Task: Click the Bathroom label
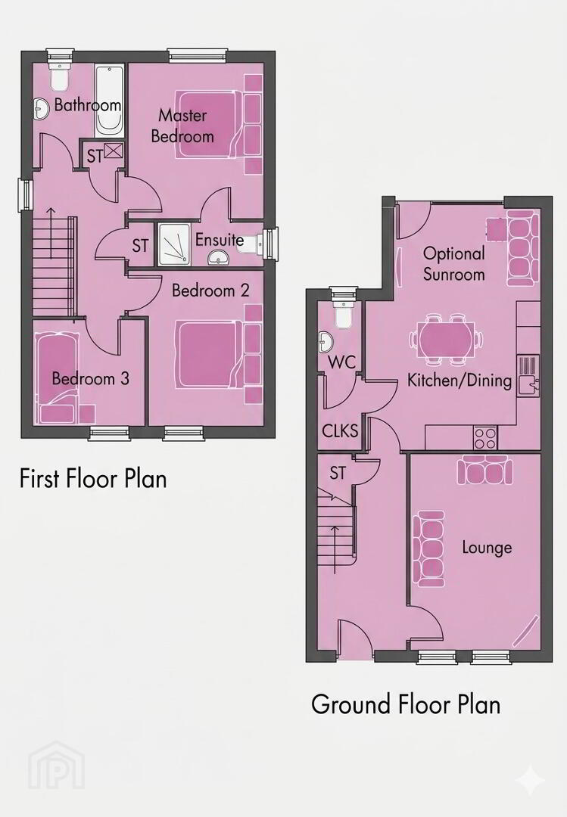tap(88, 104)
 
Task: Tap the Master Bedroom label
tap(182, 126)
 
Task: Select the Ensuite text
tap(220, 240)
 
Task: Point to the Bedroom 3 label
tap(90, 378)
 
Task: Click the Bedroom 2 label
tap(210, 290)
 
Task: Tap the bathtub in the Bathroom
tap(110, 101)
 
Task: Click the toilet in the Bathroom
tap(59, 76)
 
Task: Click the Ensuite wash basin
tap(220, 257)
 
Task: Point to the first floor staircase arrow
tap(51, 233)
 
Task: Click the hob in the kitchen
tap(485, 438)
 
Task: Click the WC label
tap(341, 362)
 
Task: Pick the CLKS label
tap(340, 431)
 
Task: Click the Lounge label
tap(487, 548)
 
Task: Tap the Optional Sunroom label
tap(453, 264)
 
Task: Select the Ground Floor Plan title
tap(406, 704)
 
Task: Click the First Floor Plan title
tap(93, 478)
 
